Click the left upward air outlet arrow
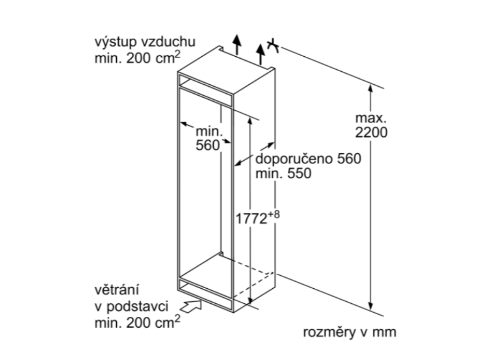pos(237,45)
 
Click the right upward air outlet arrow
pos(261,54)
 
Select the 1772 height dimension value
pos(251,219)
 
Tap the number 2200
pos(371,133)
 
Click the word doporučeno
pos(294,158)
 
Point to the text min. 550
pos(283,173)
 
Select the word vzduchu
pos(168,42)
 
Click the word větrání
pos(117,289)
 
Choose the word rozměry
pos(328,332)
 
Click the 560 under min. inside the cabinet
pos(208,145)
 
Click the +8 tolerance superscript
pos(274,214)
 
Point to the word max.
pos(371,118)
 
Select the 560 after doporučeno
pos(349,158)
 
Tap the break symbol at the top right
pos(273,46)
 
